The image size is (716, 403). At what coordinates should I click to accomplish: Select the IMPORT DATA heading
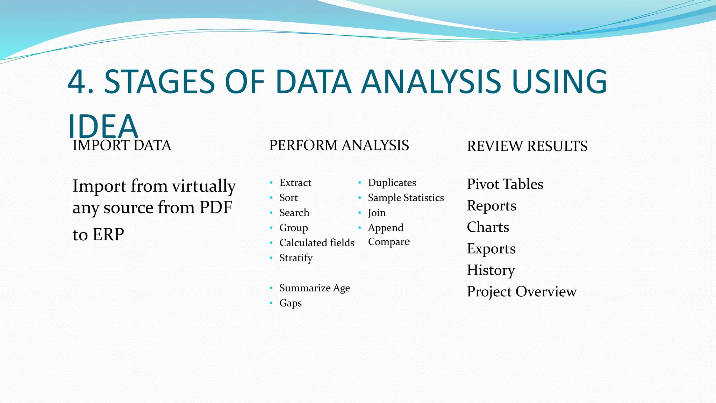point(122,146)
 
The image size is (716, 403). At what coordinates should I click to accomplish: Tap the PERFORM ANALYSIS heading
point(339,146)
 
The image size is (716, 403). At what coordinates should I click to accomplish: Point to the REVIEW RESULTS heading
point(527,146)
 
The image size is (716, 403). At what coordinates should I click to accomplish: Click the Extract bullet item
point(295,183)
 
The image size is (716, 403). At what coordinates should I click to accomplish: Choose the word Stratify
point(296,258)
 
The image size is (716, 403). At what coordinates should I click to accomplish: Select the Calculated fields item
point(317,243)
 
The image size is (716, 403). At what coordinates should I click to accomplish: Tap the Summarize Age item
point(314,288)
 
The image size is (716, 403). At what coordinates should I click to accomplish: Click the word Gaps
point(291,303)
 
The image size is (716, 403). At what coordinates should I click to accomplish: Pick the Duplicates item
point(392,183)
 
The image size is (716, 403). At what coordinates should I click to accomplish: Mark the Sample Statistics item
point(406,198)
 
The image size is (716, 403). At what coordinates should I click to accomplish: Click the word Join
point(377,213)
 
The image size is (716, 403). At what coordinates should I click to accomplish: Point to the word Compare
point(389,242)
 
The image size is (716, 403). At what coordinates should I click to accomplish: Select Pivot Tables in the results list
point(505,184)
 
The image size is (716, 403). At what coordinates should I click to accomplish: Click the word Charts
point(488,227)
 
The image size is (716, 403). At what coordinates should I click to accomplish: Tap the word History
point(491,270)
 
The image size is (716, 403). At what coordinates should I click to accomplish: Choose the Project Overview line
point(522,291)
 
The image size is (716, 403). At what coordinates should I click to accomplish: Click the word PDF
point(216,207)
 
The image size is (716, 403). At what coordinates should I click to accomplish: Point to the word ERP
point(108,234)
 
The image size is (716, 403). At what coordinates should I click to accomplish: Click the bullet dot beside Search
point(271,213)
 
